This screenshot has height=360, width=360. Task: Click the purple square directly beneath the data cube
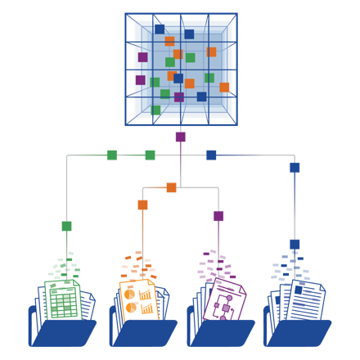pos(180,137)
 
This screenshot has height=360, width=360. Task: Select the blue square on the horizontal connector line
pos(211,155)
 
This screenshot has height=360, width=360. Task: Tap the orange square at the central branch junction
pos(171,187)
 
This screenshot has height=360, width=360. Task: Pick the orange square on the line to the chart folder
pos(143,205)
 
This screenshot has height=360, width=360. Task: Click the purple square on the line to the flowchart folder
pos(218,216)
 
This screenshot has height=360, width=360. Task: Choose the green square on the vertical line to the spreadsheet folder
pos(66,226)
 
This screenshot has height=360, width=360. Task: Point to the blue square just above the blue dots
pos(295,244)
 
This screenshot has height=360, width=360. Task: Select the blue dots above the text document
pos(290,267)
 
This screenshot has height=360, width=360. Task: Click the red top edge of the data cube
pos(181,13)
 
